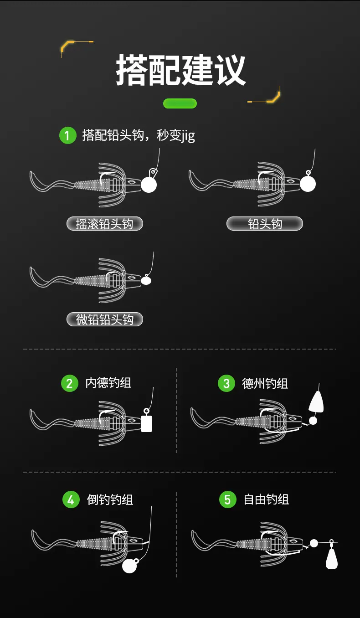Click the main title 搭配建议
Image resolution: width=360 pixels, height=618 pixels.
pyautogui.click(x=181, y=70)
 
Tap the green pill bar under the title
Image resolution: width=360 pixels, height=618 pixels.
pyautogui.click(x=180, y=103)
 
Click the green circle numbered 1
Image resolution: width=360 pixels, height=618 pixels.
pyautogui.click(x=67, y=135)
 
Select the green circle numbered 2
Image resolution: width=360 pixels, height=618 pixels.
pyautogui.click(x=70, y=383)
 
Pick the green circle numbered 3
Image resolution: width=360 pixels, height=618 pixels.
pyautogui.click(x=226, y=383)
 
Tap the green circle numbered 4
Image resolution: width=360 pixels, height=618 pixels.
pyautogui.click(x=71, y=500)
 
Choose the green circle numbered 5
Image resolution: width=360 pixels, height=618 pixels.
pyautogui.click(x=227, y=500)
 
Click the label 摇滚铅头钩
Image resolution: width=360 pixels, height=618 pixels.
pyautogui.click(x=104, y=224)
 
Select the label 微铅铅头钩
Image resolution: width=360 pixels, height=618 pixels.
pyautogui.click(x=104, y=319)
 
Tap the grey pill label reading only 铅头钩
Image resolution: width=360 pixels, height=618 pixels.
pyautogui.click(x=265, y=224)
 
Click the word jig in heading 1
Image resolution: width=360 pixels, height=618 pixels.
pyautogui.click(x=188, y=136)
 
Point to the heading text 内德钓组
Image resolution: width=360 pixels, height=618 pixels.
pyautogui.click(x=108, y=383)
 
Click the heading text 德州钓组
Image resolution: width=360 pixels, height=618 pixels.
pyautogui.click(x=265, y=383)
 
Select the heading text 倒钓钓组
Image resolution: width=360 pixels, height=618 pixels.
pyautogui.click(x=110, y=500)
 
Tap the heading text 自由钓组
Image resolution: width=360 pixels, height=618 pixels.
pyautogui.click(x=266, y=500)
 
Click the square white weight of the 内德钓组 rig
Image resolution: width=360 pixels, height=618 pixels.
pyautogui.click(x=146, y=423)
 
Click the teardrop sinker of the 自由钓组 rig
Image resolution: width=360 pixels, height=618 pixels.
pyautogui.click(x=332, y=558)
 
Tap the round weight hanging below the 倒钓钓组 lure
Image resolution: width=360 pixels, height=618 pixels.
pyautogui.click(x=130, y=566)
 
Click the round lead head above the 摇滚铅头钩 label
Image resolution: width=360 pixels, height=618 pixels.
pyautogui.click(x=149, y=185)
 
